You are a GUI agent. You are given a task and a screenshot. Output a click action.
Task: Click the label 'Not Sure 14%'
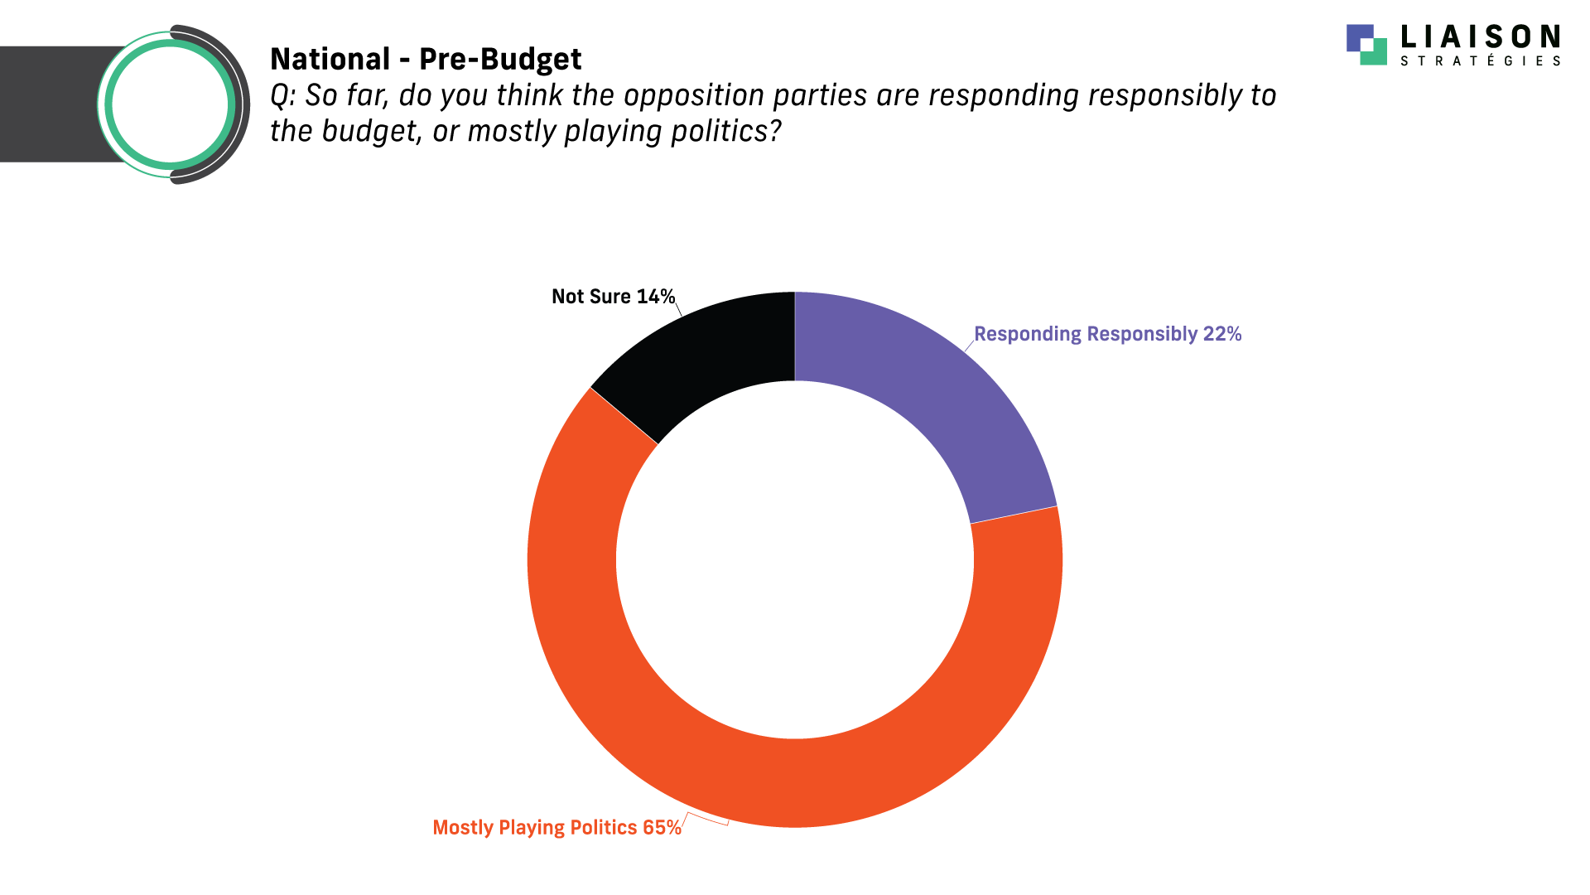(x=613, y=297)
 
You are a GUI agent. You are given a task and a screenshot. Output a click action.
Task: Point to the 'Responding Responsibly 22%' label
(x=1107, y=334)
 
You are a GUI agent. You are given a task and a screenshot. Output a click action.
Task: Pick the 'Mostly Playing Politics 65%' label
(x=556, y=827)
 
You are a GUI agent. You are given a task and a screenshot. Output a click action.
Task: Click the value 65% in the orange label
(x=662, y=827)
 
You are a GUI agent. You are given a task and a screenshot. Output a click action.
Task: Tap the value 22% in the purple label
(x=1222, y=334)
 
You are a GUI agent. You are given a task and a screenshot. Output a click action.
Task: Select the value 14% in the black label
(x=656, y=297)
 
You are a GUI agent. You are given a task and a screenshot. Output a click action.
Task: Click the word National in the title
(x=330, y=59)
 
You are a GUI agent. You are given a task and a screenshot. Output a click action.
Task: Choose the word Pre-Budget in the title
(x=500, y=60)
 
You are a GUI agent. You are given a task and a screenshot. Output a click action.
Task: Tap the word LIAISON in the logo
(x=1480, y=36)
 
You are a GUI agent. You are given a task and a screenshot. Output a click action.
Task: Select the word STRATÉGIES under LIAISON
(x=1480, y=60)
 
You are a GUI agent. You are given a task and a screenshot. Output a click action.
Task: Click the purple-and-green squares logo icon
(x=1366, y=44)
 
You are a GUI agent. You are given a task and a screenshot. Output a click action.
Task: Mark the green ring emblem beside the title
(x=170, y=104)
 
